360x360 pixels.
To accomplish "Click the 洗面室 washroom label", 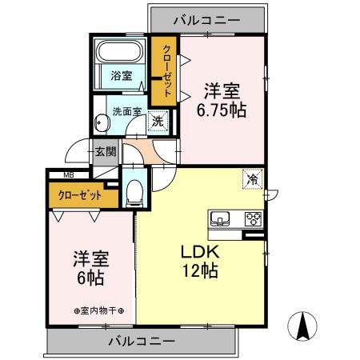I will tap(125, 111).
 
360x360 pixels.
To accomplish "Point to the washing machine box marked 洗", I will tap(158, 122).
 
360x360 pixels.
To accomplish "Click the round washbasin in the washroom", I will tap(101, 122).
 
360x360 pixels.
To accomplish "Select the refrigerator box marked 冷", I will tap(252, 180).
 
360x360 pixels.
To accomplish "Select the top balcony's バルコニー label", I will tap(207, 17).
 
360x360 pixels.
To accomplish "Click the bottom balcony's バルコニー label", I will tap(141, 342).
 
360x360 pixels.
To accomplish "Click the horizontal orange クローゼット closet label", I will tap(81, 194).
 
